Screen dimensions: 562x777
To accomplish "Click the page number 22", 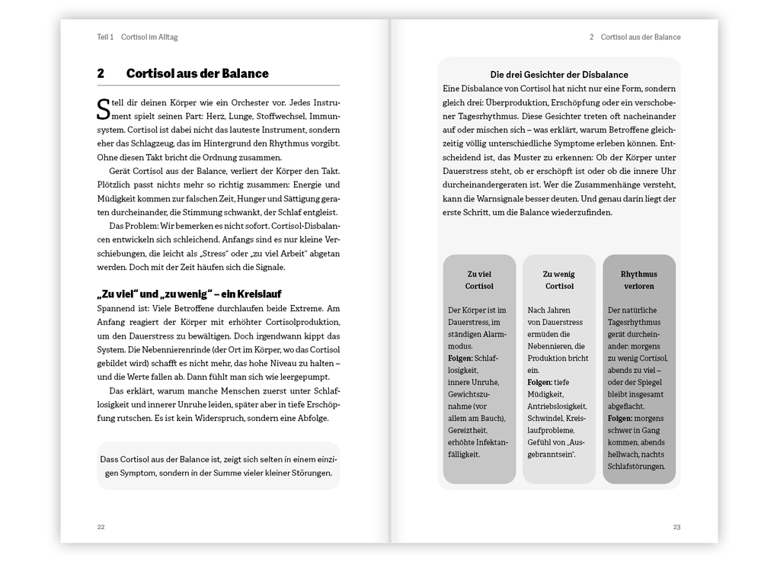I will coord(101,527).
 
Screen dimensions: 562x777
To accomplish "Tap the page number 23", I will coord(676,527).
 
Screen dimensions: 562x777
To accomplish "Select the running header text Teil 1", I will coord(105,37).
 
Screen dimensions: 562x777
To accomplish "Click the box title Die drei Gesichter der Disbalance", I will coord(558,75).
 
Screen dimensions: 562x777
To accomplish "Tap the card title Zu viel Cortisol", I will coord(479,280).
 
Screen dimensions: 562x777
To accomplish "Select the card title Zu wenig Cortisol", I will coord(558,280).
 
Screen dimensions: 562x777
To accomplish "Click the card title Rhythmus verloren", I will coord(638,280).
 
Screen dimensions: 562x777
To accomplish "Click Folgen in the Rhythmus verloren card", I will coord(621,419).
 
